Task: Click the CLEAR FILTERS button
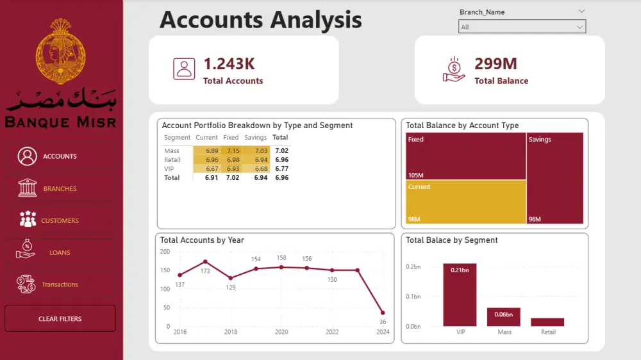tap(60, 318)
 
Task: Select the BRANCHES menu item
tap(60, 188)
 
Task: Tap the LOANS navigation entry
tap(60, 252)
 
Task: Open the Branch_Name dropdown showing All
tap(522, 27)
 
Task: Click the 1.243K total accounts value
tap(229, 63)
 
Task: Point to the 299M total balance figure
tap(495, 63)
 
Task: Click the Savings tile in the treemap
tap(555, 179)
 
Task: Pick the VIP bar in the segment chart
tap(460, 295)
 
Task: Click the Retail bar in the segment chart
tap(547, 322)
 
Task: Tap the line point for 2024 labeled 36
tap(383, 313)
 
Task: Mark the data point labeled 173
tap(205, 261)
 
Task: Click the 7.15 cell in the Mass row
tap(233, 151)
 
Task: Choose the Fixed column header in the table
tap(231, 137)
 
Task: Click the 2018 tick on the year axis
tap(231, 332)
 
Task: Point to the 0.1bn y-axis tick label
tap(413, 297)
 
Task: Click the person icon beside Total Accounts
tap(184, 69)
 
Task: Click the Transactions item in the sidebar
tap(60, 284)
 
